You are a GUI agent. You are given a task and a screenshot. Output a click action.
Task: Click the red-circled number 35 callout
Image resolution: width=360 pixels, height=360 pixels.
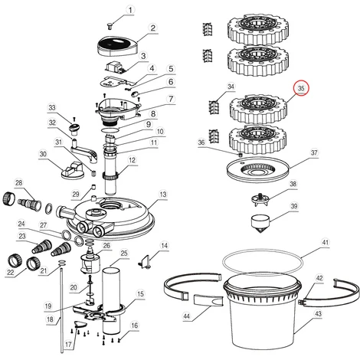tap(301, 88)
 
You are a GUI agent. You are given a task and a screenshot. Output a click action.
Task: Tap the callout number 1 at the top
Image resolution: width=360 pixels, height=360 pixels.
tap(130, 10)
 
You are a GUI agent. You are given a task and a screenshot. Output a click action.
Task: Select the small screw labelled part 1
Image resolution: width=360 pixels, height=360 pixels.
tap(110, 26)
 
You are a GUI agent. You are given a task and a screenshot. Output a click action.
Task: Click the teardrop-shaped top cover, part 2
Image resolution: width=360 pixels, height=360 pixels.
tap(117, 47)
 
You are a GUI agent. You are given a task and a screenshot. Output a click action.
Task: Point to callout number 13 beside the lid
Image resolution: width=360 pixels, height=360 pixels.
tap(163, 195)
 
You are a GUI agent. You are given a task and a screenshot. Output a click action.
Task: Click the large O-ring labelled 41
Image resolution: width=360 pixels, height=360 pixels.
tap(263, 262)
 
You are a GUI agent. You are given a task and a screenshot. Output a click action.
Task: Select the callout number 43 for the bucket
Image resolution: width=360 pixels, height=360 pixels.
tap(318, 313)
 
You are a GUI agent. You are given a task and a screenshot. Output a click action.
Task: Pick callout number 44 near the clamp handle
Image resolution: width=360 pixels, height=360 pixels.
tap(187, 316)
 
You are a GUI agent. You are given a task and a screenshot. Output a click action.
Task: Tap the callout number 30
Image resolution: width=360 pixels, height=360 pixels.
tap(43, 154)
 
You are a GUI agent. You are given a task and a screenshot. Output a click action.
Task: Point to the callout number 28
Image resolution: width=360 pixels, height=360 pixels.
tap(19, 183)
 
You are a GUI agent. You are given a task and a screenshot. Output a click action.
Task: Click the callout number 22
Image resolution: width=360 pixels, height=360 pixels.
tap(10, 273)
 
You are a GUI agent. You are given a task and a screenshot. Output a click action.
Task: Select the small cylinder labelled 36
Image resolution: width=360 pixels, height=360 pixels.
tap(240, 155)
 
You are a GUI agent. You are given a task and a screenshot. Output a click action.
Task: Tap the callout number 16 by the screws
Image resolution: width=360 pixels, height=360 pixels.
tap(134, 326)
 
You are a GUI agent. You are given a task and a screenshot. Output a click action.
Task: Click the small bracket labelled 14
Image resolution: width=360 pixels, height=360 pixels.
tap(145, 263)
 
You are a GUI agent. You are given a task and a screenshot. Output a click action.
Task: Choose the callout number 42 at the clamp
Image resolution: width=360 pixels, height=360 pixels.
tap(319, 278)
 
